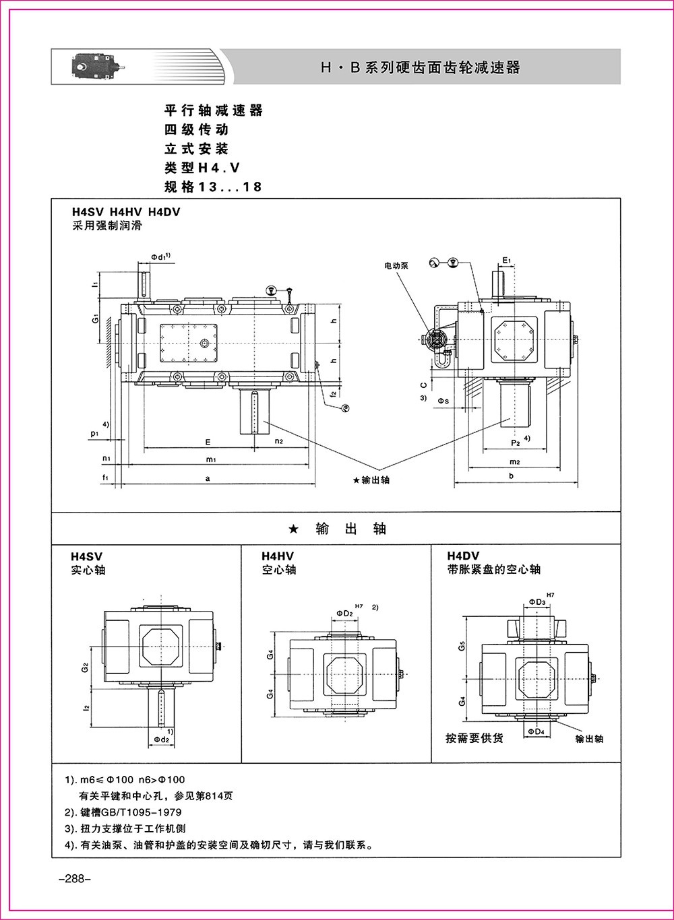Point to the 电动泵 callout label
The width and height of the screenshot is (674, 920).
[x=397, y=266]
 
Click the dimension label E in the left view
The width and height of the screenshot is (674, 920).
[x=208, y=442]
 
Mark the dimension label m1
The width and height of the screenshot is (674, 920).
[x=210, y=459]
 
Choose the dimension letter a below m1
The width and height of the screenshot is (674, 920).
[x=209, y=478]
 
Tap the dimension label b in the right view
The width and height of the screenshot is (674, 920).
[x=512, y=476]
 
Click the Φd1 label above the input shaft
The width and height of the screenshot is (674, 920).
[x=160, y=257]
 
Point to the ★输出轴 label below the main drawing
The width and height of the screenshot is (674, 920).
[x=371, y=480]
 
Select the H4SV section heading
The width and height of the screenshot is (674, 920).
[x=87, y=557]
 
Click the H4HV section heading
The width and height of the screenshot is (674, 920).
[x=278, y=556]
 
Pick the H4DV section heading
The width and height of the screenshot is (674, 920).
[x=463, y=556]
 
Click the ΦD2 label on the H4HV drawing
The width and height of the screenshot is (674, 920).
[x=345, y=614]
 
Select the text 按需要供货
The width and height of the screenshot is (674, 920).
[x=474, y=738]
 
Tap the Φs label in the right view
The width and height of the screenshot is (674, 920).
[x=443, y=401]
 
